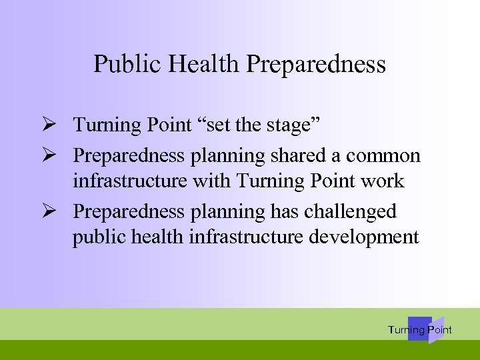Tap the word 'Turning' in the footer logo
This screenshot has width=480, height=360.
[x=405, y=330]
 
